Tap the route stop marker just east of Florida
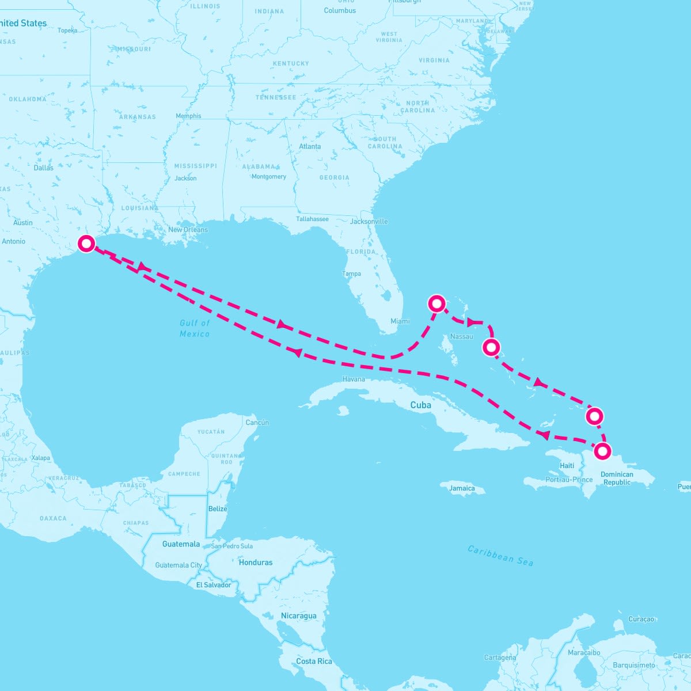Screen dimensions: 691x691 tap(437, 303)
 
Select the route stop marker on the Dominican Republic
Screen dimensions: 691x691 tap(602, 451)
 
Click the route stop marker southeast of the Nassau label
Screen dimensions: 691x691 tap(491, 347)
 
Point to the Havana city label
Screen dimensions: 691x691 tap(354, 379)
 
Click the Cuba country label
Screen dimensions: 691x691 tap(420, 405)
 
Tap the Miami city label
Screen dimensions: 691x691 tap(400, 321)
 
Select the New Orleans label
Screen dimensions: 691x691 tap(188, 229)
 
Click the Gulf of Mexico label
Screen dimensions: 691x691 tap(195, 328)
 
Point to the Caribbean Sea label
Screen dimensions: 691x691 tap(500, 556)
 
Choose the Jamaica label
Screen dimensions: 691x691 tap(462, 488)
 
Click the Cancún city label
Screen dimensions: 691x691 tap(257, 422)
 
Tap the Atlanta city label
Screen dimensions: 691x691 tap(310, 146)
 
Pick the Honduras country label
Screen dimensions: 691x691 tap(256, 562)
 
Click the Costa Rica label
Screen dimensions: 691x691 tap(314, 661)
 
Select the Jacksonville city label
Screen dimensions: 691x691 tap(369, 221)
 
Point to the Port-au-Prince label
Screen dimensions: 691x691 tap(569, 479)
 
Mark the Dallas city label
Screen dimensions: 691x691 tap(43, 168)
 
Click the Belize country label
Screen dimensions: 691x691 tap(218, 508)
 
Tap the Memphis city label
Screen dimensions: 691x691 tap(188, 116)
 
